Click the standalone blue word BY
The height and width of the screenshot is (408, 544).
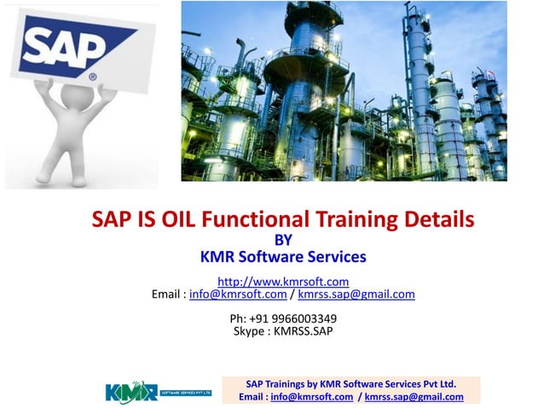281,239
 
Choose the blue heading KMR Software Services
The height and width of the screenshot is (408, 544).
282,256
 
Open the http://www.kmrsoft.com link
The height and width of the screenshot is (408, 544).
283,281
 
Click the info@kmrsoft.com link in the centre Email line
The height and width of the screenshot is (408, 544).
237,294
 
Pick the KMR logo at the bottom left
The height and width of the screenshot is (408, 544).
158,391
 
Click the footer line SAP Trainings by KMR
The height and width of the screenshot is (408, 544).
350,383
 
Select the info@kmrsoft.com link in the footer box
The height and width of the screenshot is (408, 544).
311,397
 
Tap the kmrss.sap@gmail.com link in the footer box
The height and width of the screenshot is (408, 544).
414,397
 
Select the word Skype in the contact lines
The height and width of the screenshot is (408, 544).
249,331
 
